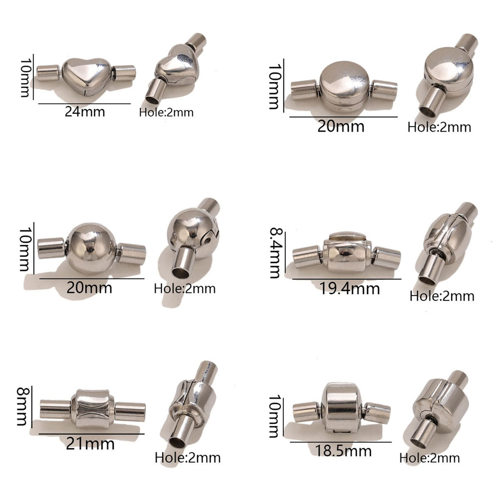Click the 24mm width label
click(x=85, y=112)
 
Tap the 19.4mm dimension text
click(x=350, y=288)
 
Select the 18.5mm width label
click(x=343, y=451)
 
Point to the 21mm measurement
click(x=90, y=444)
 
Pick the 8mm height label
click(x=22, y=407)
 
